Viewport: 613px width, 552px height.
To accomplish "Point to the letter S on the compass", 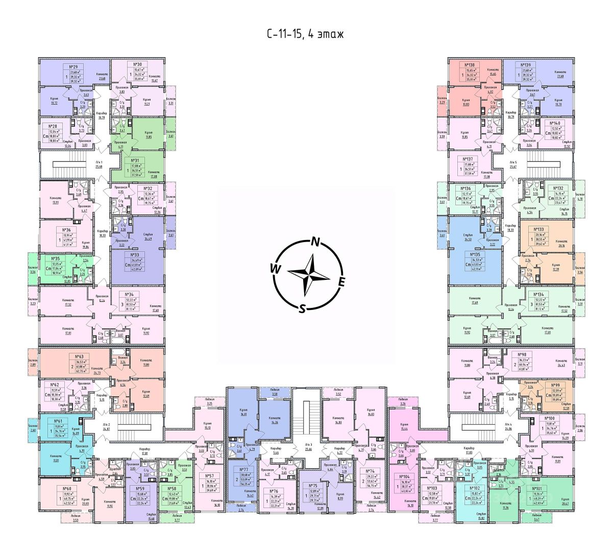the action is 302,308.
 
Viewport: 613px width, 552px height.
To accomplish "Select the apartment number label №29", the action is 73,66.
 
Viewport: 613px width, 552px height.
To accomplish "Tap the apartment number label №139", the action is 526,65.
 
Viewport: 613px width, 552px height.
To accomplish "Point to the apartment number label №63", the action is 80,356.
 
